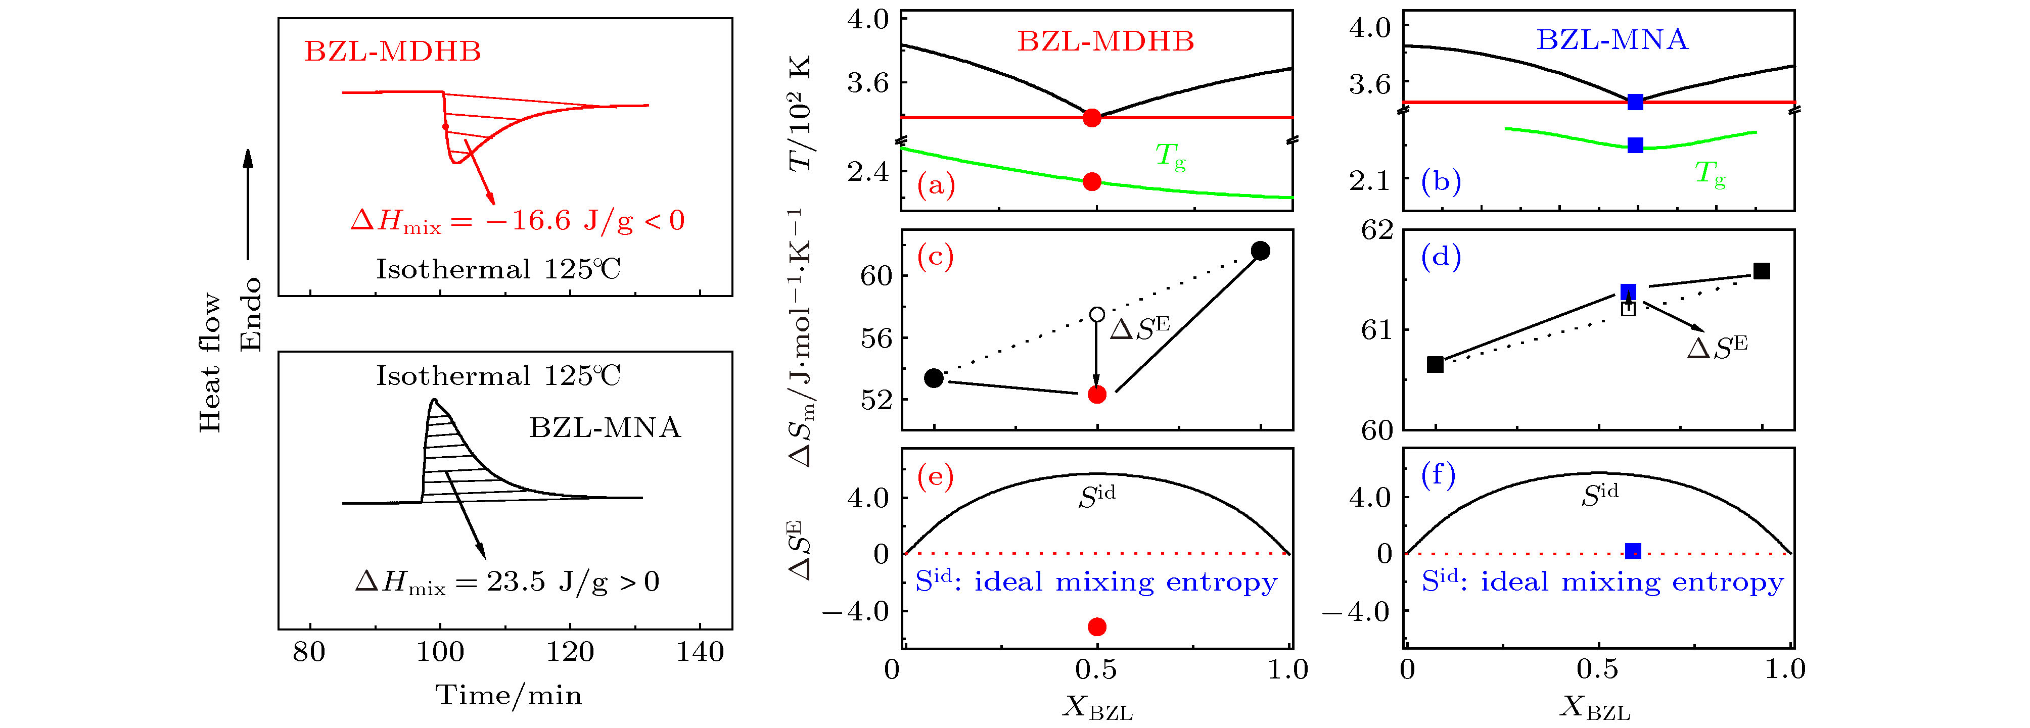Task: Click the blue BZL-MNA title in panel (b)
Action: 1612,39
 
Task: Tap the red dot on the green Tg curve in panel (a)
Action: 1091,182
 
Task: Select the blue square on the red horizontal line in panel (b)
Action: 1635,102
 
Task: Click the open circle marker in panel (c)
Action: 1096,314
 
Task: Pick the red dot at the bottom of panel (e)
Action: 1096,626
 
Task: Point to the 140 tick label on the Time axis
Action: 700,652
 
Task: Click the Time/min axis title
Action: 509,695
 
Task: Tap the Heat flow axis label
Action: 210,362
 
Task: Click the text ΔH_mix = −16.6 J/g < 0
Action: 517,221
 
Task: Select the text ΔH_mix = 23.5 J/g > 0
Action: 506,582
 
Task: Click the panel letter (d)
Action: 1441,256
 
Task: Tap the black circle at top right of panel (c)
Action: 1260,251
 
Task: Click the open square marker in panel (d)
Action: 1628,309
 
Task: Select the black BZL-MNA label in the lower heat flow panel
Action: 605,428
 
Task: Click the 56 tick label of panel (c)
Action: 876,338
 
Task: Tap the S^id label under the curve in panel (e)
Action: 1096,496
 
